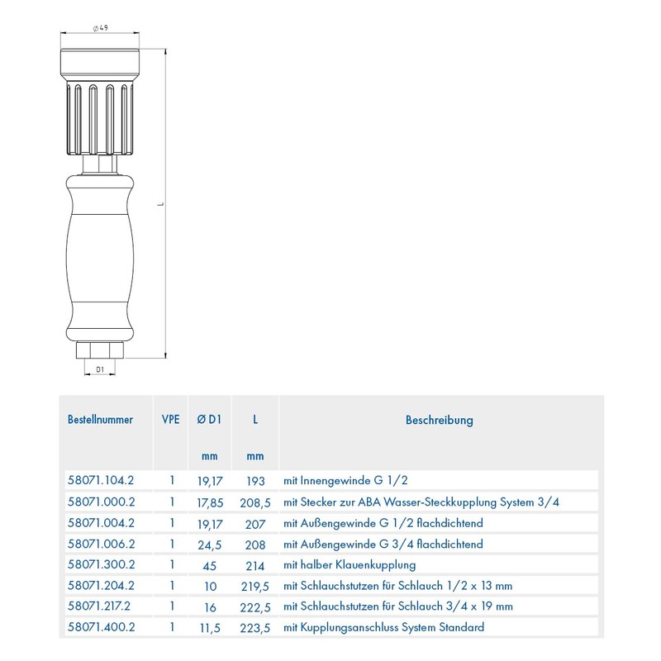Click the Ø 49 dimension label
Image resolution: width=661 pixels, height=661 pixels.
pos(100,29)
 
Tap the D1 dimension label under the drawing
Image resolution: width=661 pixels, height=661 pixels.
pos(100,370)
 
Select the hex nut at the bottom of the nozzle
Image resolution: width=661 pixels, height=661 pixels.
pos(100,350)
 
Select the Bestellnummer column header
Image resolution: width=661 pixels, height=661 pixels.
pos(100,420)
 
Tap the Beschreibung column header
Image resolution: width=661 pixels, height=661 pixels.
pos(439,420)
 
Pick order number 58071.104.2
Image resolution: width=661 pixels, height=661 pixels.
pos(100,480)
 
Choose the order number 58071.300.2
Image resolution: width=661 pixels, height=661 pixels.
pos(100,565)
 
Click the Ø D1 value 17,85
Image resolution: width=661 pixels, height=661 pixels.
pos(209,502)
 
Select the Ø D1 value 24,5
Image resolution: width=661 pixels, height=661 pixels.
pos(209,544)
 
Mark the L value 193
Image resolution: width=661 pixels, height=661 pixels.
pos(255,480)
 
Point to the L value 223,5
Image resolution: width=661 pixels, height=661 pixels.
pos(255,627)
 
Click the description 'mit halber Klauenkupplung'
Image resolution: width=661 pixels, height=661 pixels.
pos(349,565)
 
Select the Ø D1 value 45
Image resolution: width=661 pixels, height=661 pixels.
pos(209,565)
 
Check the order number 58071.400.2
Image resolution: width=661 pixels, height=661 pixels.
pos(100,627)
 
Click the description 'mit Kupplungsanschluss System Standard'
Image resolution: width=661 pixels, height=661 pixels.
pos(383,627)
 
